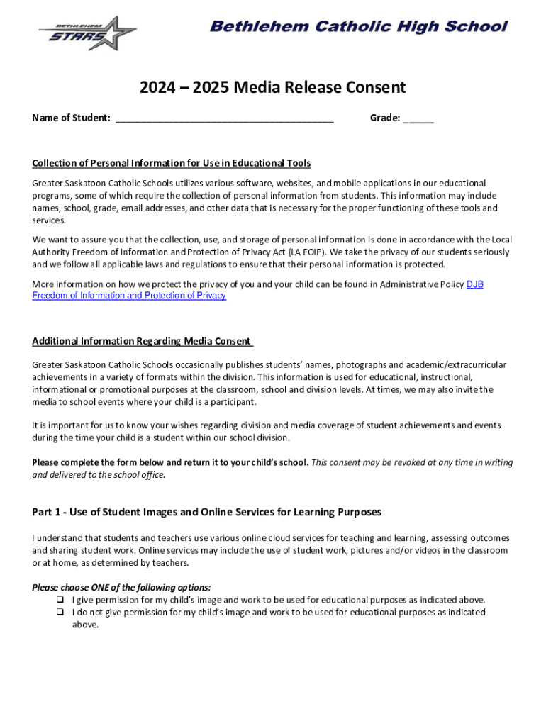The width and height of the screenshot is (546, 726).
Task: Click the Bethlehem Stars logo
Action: (x=87, y=33)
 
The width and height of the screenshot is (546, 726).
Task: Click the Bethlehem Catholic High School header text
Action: (x=359, y=27)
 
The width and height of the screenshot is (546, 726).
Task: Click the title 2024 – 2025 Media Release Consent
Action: (x=272, y=87)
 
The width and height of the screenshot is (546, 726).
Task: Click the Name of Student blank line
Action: (x=224, y=118)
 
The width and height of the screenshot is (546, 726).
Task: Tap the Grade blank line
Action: (x=418, y=118)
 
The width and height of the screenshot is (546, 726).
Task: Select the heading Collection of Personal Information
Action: (x=172, y=164)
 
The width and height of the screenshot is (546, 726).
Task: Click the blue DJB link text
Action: (x=474, y=284)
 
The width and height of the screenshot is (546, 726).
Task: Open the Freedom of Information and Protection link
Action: (x=129, y=296)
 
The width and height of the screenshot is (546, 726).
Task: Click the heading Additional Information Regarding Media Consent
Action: (x=142, y=341)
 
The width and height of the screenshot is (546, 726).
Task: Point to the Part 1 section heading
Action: (x=206, y=512)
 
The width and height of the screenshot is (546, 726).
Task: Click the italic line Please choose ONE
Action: (x=121, y=588)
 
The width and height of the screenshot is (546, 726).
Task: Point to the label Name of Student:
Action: (x=71, y=118)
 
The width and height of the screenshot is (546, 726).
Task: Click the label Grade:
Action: (x=385, y=118)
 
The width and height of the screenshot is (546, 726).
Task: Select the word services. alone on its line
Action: (x=50, y=221)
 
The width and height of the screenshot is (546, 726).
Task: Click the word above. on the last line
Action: (x=85, y=625)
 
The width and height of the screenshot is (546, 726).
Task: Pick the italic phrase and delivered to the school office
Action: (x=99, y=475)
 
